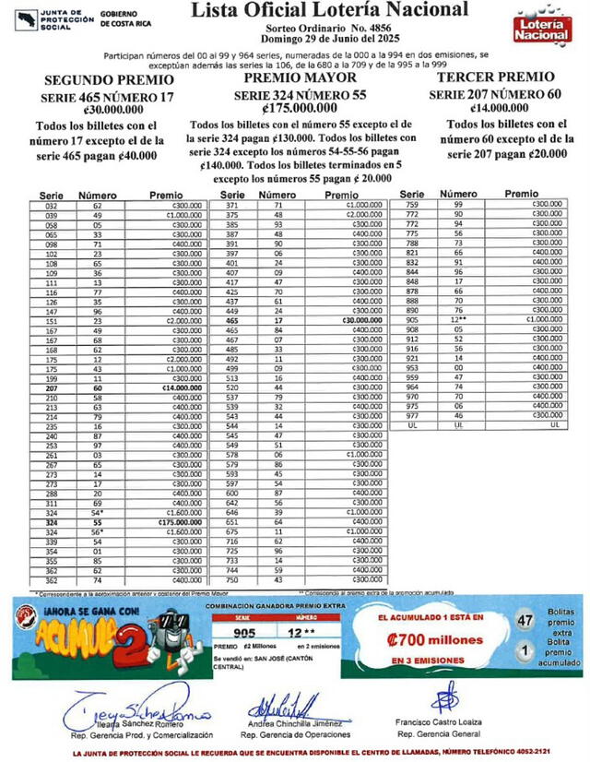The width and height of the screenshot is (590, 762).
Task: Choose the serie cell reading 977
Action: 412,415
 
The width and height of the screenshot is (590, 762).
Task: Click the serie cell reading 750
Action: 231,579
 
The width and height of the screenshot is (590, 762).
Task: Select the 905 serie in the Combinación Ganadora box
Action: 244,634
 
